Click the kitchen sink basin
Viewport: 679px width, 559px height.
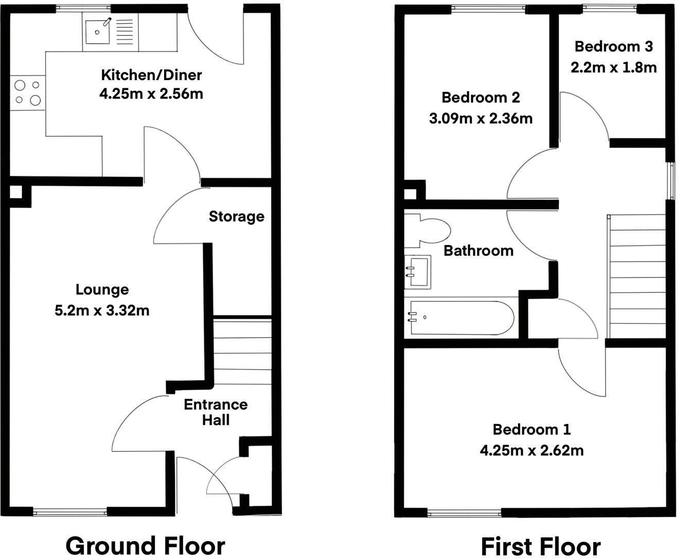pyautogui.click(x=97, y=31)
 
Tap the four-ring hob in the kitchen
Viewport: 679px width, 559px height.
pyautogui.click(x=27, y=93)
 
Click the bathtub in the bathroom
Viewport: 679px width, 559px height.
pyautogui.click(x=459, y=318)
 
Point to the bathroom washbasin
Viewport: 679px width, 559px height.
pyautogui.click(x=418, y=271)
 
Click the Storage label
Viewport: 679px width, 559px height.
pyautogui.click(x=236, y=216)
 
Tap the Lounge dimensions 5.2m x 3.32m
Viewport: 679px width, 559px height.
pyautogui.click(x=102, y=310)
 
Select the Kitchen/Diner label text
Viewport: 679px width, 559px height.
pyautogui.click(x=151, y=75)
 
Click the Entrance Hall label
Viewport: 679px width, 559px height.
pyautogui.click(x=216, y=412)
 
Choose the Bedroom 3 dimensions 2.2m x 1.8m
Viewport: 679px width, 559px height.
pyautogui.click(x=613, y=67)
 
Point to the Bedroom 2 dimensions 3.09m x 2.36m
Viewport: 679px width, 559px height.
pyautogui.click(x=480, y=119)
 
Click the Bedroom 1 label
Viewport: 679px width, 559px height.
pyautogui.click(x=531, y=429)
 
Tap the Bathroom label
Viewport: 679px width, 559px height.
pyautogui.click(x=478, y=251)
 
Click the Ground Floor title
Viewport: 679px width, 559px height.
pyautogui.click(x=145, y=546)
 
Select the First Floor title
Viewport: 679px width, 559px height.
pyautogui.click(x=540, y=546)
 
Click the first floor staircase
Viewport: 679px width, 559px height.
pyautogui.click(x=637, y=276)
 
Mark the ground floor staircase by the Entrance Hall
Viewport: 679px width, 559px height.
pyautogui.click(x=242, y=351)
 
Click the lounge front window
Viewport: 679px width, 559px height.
pyautogui.click(x=70, y=511)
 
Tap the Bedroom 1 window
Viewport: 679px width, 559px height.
pyautogui.click(x=464, y=512)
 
